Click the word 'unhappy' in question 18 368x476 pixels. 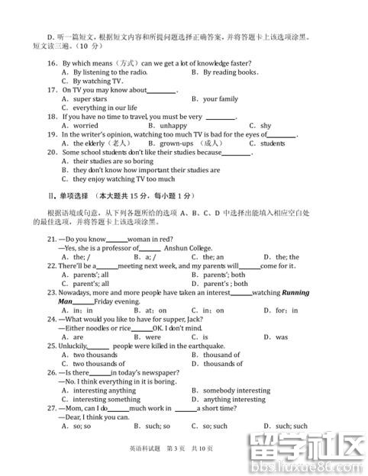pos(173,126)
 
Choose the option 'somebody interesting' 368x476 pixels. pos(237,391)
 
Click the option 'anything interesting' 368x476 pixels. pos(234,399)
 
